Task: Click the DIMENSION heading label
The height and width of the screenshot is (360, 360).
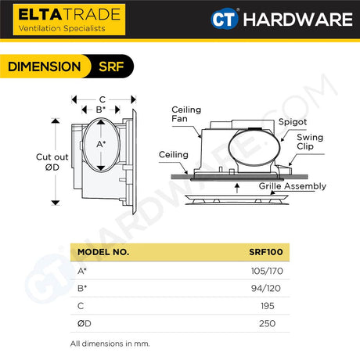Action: click(44, 67)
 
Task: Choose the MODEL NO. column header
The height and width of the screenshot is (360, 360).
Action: click(103, 253)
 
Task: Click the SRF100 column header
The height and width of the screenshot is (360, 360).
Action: click(265, 253)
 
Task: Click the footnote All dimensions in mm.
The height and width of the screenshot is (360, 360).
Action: click(110, 344)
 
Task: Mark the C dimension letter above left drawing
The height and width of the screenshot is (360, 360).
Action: click(103, 99)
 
